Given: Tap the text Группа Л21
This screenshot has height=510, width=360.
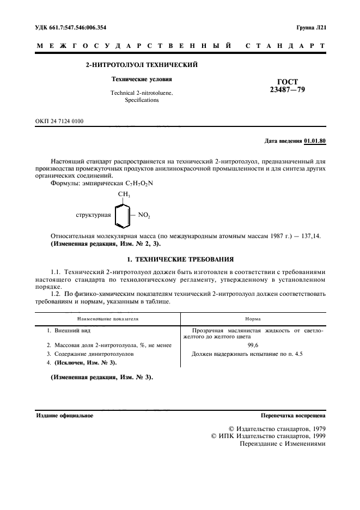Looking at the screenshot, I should [311, 27].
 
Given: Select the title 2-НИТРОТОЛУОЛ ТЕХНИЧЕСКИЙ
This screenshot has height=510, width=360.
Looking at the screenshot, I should [142, 65].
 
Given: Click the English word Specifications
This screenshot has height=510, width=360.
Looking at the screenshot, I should [142, 100].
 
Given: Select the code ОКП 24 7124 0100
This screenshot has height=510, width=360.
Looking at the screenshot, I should [60, 121].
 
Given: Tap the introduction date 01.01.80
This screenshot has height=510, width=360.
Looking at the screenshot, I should [315, 141].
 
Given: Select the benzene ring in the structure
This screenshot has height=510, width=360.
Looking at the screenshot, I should [123, 215].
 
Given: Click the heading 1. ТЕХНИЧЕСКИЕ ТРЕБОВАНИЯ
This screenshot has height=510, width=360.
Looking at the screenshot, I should [180, 259].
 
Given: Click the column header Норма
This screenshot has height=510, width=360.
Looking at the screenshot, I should [253, 317].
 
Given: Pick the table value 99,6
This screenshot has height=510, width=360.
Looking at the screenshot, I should [253, 345].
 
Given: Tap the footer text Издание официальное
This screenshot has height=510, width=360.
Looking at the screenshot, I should [64, 415].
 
